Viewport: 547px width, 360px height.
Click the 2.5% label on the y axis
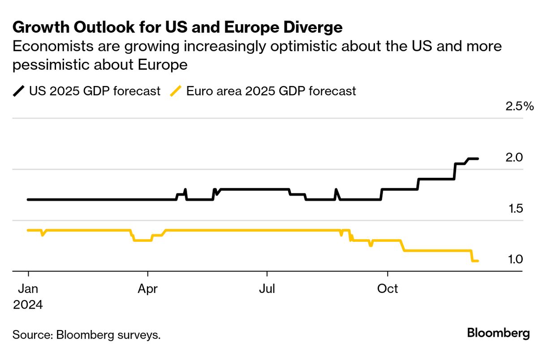pos(520,107)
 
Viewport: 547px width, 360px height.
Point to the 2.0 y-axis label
pos(514,158)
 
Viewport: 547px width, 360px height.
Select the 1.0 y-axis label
pos(514,260)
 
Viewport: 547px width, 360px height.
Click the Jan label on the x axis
pos(28,289)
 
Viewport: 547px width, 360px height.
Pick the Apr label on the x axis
pos(148,289)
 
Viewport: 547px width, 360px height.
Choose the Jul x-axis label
pos(267,289)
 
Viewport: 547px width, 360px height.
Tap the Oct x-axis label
pos(388,289)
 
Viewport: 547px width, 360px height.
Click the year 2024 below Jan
pos(28,305)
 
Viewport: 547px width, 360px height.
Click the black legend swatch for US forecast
pos(19,91)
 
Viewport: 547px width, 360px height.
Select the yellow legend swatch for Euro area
pos(177,91)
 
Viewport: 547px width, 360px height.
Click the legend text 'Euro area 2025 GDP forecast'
pos(271,91)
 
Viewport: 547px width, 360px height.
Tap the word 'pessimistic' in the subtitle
pos(57,64)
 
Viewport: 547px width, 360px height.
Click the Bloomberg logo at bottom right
pos(498,333)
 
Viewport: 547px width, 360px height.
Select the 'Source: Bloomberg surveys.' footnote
pos(86,335)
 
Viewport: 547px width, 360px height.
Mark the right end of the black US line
pos(478,159)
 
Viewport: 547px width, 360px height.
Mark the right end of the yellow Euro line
pos(478,261)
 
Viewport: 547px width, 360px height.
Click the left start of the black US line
pos(28,199)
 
